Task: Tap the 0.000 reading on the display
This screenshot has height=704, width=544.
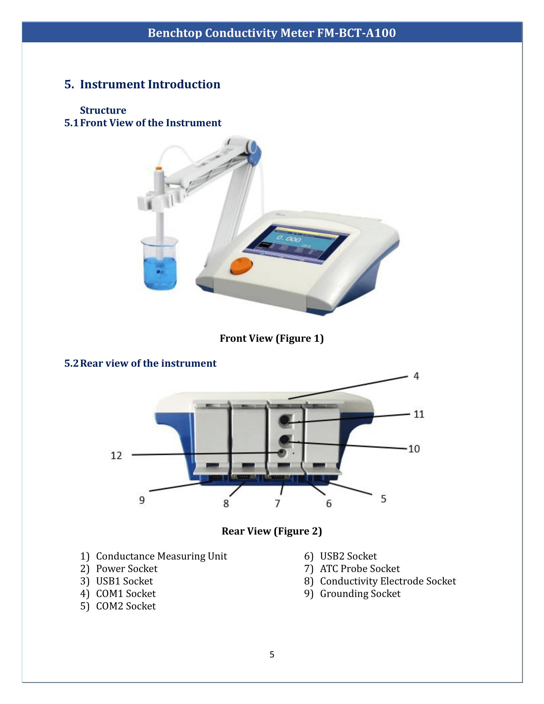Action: coord(288,238)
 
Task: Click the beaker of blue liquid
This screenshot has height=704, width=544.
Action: coord(160,264)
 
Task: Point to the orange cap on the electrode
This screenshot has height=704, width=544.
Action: coord(158,168)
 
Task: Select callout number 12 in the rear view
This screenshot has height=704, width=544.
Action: coord(116,455)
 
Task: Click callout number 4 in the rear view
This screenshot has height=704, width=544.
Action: coord(416,376)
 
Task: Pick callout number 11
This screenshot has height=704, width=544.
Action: coord(419,414)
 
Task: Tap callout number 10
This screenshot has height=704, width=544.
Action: coord(414,449)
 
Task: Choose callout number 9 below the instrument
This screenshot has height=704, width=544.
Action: coord(142,500)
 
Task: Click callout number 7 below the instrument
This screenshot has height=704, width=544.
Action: coord(277,503)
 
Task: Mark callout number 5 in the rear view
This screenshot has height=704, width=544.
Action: coord(383,499)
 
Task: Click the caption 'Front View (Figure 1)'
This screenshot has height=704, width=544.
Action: coord(272,338)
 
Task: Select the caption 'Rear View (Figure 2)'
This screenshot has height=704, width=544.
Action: coord(272,531)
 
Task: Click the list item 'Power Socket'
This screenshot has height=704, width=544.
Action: coord(127,569)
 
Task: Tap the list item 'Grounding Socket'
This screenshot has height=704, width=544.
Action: coord(360,593)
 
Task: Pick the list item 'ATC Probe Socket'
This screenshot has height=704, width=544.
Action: coord(360,569)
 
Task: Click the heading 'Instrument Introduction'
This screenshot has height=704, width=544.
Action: coord(150,84)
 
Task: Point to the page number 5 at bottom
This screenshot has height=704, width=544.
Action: coord(272,654)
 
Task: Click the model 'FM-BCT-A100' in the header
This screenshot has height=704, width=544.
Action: coord(356,33)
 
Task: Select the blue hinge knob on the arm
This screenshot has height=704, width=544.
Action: coord(254,149)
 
